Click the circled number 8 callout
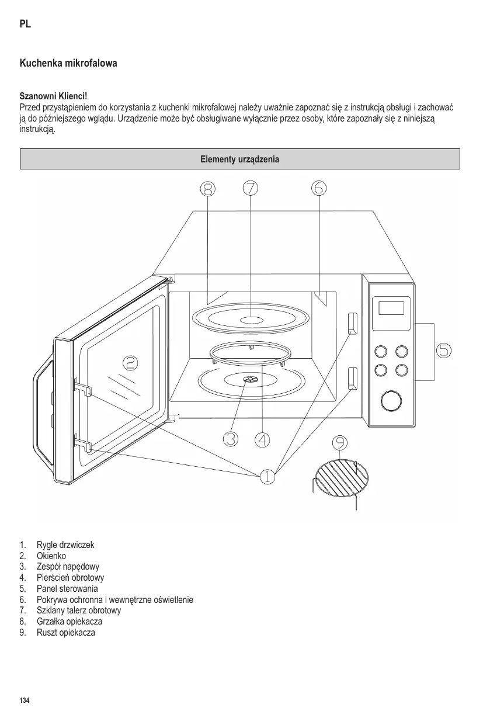point(207,188)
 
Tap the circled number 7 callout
point(251,188)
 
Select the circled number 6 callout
point(319,188)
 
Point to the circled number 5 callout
point(444,350)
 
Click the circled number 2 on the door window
point(130,363)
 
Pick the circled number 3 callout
point(231,439)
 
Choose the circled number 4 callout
point(263,439)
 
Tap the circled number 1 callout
point(267,476)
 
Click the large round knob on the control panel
point(390,401)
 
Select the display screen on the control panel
point(391,307)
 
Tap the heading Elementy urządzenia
point(240,159)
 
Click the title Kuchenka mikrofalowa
point(68,63)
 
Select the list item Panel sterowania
point(67,588)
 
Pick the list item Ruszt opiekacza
point(65,633)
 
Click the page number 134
point(25,700)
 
